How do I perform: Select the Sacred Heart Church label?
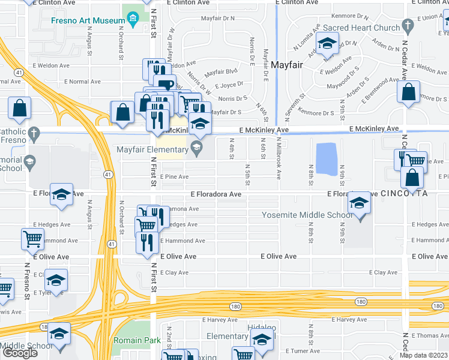click(x=361, y=28)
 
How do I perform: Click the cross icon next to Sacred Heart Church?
click(x=408, y=26)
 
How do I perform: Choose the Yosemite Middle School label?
click(x=307, y=215)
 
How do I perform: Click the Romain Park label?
click(x=137, y=340)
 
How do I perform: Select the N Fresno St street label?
click(x=28, y=281)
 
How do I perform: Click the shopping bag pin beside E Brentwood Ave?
click(x=408, y=92)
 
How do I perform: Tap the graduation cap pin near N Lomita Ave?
click(x=327, y=43)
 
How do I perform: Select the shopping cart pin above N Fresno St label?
click(x=32, y=238)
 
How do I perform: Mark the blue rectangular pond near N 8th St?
click(x=325, y=159)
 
